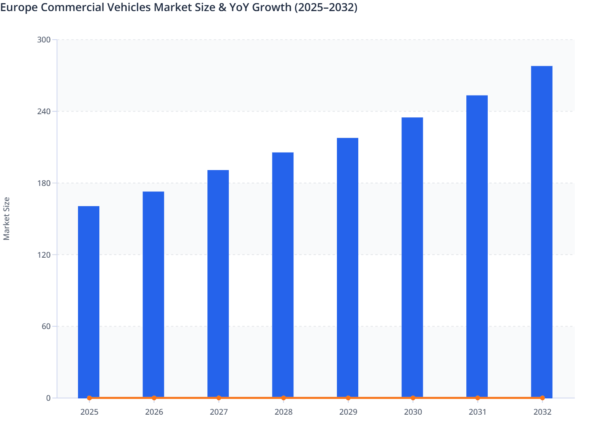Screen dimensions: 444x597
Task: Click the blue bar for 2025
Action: click(89, 301)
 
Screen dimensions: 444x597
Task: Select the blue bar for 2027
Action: click(218, 283)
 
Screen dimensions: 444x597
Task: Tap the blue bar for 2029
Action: click(348, 268)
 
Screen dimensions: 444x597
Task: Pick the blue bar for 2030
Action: click(412, 258)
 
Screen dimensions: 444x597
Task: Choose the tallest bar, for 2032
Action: click(542, 232)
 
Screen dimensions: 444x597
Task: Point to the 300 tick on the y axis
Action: click(44, 40)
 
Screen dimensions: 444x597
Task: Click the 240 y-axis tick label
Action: click(44, 111)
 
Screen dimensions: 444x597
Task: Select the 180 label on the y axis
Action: click(44, 183)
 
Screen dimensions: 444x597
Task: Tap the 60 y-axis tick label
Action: click(46, 326)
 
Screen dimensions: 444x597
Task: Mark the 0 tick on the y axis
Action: click(48, 398)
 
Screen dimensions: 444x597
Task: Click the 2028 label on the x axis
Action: click(283, 412)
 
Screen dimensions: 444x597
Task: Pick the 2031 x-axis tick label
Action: click(477, 412)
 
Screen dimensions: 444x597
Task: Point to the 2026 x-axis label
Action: click(154, 412)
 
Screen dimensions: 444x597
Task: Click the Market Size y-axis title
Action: click(6, 218)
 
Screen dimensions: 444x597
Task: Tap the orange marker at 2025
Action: click(89, 398)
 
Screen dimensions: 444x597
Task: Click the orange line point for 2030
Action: click(413, 398)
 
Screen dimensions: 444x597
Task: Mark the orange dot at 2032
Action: click(542, 398)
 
